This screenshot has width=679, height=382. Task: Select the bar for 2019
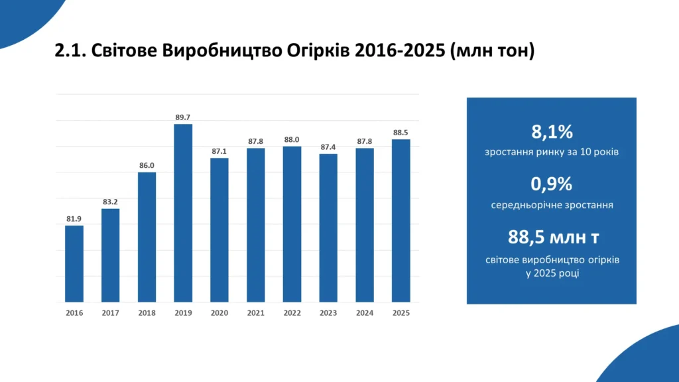click(183, 213)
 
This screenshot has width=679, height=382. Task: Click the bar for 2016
click(74, 263)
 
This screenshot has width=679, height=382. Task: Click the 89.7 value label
click(183, 117)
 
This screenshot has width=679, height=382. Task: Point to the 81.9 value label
click(74, 219)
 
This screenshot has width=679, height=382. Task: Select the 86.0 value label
click(147, 166)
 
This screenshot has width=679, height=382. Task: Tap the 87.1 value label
click(219, 151)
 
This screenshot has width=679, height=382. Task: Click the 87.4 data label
click(328, 147)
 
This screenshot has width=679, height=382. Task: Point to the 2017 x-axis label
click(111, 312)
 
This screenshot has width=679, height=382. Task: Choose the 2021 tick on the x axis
click(256, 312)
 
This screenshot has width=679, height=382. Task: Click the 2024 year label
click(365, 312)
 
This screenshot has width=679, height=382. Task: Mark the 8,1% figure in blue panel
click(552, 132)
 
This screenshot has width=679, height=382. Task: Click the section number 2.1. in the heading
click(70, 51)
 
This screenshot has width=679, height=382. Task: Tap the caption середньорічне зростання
click(552, 205)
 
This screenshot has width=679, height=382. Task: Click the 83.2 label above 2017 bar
click(111, 202)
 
